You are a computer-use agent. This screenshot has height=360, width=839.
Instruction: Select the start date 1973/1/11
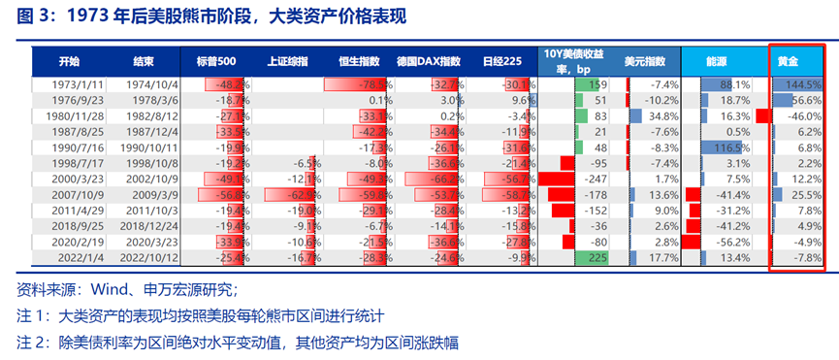tap(64, 84)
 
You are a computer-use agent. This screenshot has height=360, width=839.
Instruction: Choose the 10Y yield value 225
tap(598, 258)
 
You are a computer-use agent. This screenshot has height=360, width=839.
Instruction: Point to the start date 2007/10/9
tap(64, 195)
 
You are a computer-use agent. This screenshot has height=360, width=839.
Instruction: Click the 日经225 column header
tap(500, 60)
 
